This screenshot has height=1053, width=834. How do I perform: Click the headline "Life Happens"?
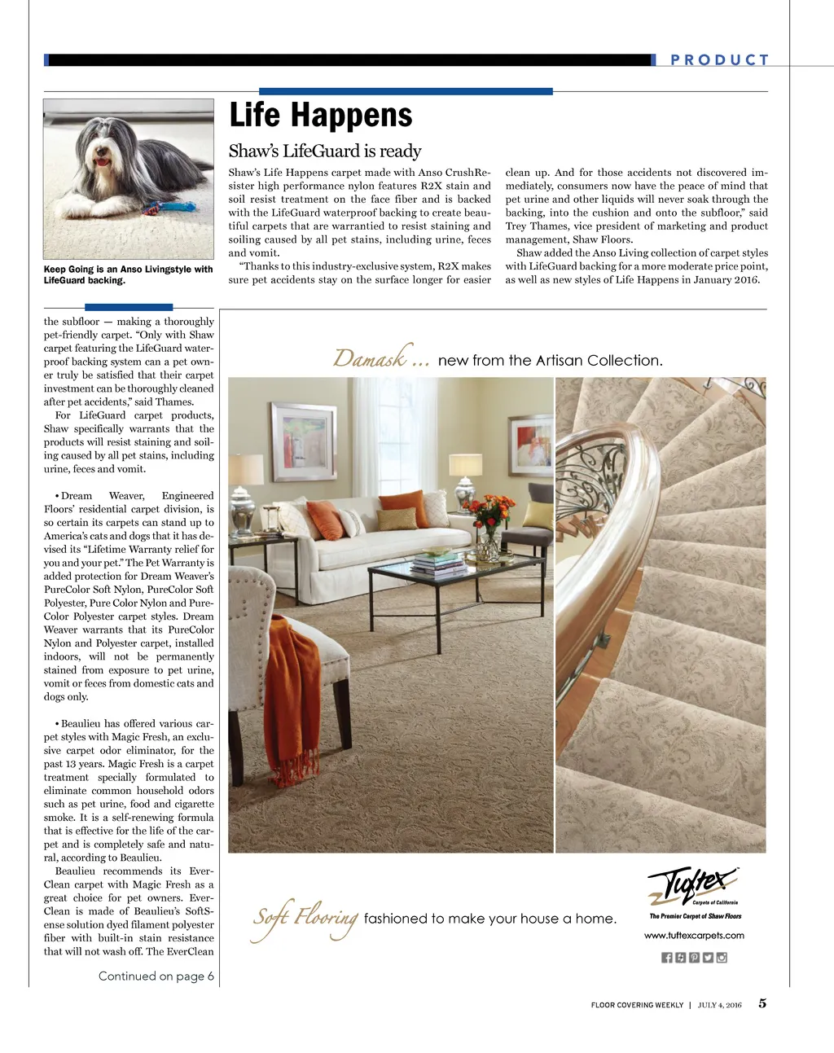click(321, 115)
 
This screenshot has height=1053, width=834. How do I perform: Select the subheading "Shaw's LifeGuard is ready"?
click(325, 151)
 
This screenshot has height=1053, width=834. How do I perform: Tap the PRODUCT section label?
click(719, 59)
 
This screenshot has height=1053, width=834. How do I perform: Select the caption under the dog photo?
click(128, 274)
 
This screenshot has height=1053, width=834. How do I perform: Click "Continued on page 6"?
click(156, 976)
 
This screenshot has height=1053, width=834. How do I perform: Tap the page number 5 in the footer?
click(762, 1003)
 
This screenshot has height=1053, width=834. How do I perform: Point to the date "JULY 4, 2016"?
click(719, 1005)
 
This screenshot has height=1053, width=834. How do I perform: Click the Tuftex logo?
click(693, 885)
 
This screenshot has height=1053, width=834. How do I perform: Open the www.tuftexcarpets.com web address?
click(694, 936)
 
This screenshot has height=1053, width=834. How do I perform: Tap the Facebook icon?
click(667, 958)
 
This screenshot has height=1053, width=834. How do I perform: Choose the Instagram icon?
click(722, 958)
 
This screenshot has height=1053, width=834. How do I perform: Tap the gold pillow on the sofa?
click(397, 519)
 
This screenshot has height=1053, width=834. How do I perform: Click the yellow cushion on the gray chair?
click(538, 515)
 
